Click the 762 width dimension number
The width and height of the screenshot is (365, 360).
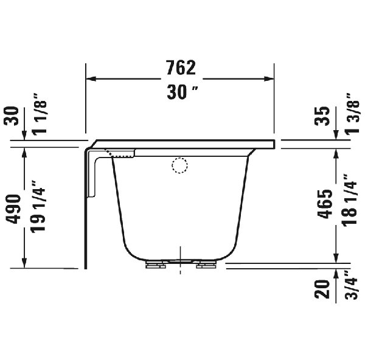point(181,67)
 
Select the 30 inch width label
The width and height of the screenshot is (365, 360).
point(182,92)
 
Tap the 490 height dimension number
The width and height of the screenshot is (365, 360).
point(13,209)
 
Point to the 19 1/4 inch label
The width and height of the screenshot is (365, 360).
point(38,206)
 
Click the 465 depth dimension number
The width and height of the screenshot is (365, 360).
point(325,204)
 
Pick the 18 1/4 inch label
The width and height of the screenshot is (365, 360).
point(349,199)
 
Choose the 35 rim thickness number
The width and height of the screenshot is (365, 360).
point(322,116)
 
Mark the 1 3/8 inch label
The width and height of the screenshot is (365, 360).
point(352,113)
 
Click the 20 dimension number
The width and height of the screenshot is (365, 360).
point(322,289)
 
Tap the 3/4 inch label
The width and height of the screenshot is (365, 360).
point(350,285)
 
